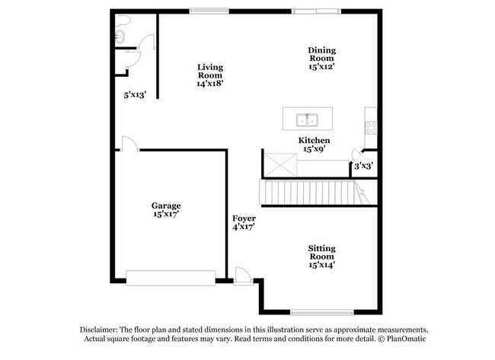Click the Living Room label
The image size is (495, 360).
[209, 75]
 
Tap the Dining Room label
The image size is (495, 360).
[321, 59]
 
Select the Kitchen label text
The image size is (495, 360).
[314, 145]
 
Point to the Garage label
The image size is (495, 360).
[165, 210]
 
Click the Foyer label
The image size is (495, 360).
[244, 222]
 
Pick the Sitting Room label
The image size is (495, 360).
[321, 256]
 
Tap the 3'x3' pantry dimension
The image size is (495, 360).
[363, 165]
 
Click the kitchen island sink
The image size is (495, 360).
[308, 119]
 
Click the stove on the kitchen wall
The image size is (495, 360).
[371, 127]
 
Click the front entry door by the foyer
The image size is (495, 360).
[243, 276]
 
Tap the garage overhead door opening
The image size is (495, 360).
[171, 279]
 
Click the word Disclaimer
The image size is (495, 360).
[101, 329]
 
